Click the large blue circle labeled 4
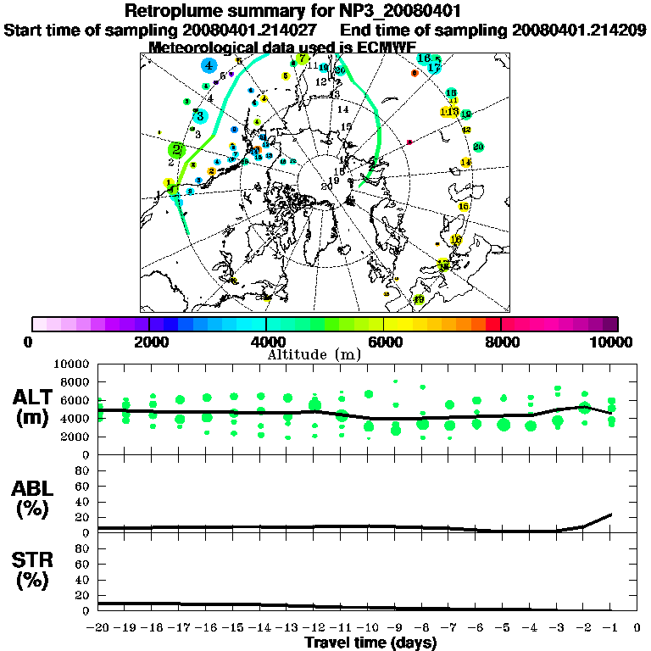[209, 65]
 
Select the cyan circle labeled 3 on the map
[200, 116]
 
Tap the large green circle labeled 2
[176, 150]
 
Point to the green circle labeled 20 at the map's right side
[478, 147]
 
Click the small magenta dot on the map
[409, 142]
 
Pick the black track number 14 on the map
[343, 110]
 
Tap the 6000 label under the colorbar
[383, 342]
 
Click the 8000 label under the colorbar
[500, 342]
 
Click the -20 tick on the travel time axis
[99, 628]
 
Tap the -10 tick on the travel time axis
[368, 628]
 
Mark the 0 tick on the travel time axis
[637, 628]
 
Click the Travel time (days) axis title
[370, 643]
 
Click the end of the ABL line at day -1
[610, 515]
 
